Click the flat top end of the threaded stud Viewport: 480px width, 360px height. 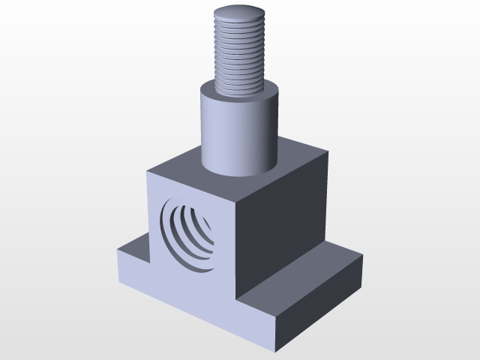(239, 13)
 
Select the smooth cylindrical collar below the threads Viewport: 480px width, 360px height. (238, 131)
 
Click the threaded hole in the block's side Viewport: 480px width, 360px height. (187, 235)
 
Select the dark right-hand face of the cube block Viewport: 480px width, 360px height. (281, 225)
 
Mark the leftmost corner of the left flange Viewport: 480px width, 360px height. (118, 250)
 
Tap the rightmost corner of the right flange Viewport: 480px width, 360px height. (363, 256)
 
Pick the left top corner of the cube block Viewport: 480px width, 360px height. (148, 172)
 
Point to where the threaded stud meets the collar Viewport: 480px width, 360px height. (239, 91)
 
